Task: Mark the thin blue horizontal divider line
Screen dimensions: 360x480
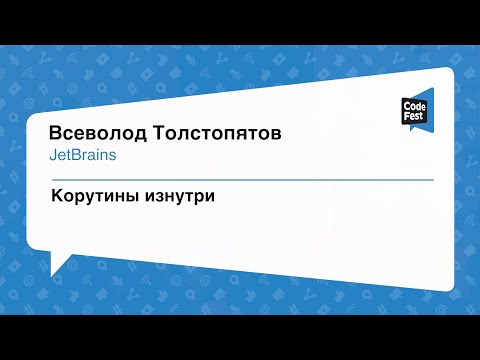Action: tap(240, 180)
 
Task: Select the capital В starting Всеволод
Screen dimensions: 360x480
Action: tap(56, 134)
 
